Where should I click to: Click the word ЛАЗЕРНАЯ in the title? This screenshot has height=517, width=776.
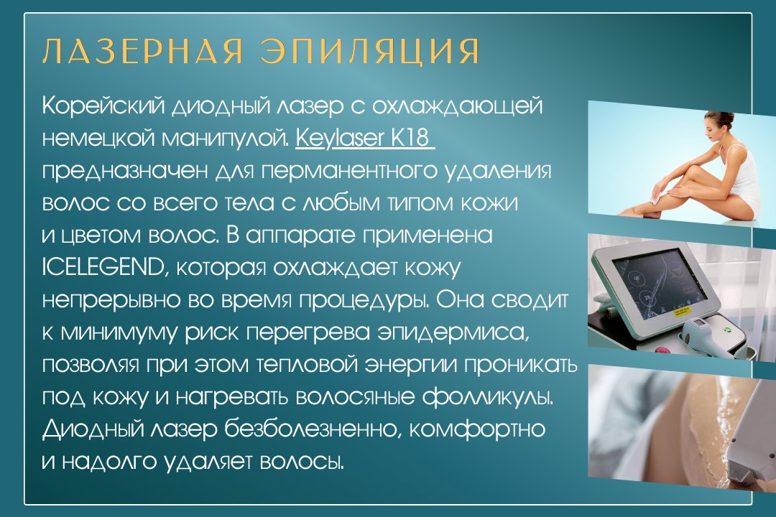click(x=143, y=50)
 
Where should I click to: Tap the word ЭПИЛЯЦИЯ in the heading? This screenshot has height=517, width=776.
click(x=371, y=50)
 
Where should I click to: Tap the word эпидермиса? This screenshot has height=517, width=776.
click(x=453, y=333)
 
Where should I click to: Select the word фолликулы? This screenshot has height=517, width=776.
click(x=487, y=397)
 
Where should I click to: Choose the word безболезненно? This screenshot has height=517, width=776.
click(x=312, y=429)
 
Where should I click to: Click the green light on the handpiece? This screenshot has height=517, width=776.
click(x=728, y=328)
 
